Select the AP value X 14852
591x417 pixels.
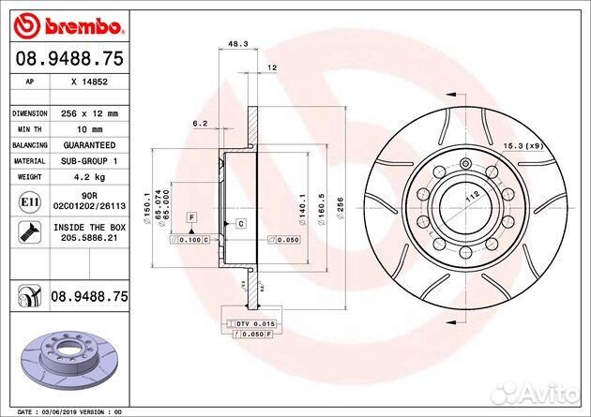86,82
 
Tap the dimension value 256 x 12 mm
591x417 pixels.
86,112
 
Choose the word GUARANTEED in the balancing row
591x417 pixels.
86,145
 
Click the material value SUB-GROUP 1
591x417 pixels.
86,161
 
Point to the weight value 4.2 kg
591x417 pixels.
86,177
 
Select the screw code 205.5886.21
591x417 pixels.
86,239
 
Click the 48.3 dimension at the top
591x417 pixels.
237,43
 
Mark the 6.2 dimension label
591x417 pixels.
199,123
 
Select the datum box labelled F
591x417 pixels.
191,216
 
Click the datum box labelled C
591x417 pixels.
240,223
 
